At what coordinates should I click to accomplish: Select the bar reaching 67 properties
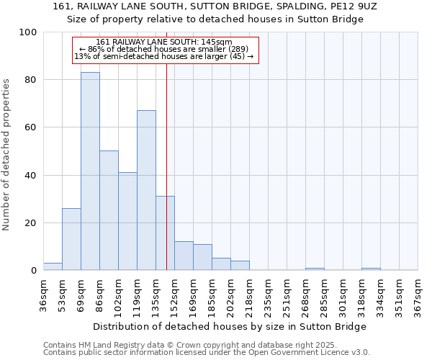146,190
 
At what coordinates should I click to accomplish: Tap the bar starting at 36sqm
53,266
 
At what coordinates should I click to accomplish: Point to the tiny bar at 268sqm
315,269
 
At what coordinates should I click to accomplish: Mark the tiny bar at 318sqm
371,269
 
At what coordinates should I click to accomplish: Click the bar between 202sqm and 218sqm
240,266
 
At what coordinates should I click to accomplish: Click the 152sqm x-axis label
175,293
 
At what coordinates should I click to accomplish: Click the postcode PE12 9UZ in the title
352,6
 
